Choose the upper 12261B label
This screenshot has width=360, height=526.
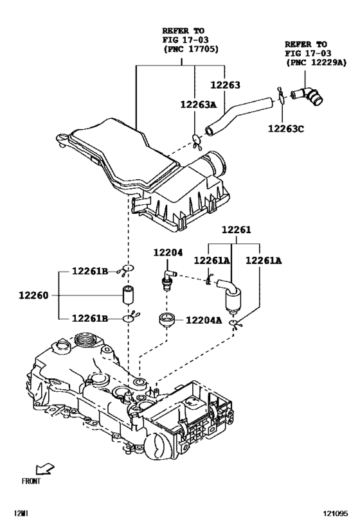tap(91, 272)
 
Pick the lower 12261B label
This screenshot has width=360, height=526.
tap(91, 319)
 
